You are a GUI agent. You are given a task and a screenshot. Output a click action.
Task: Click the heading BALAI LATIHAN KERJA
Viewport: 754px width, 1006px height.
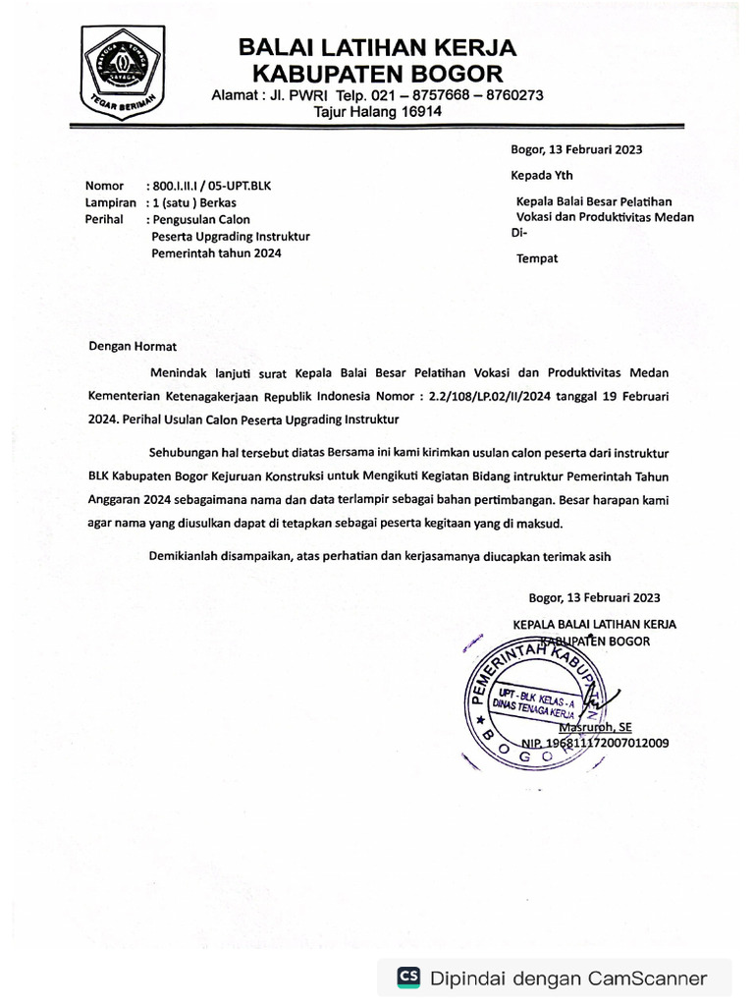pyautogui.click(x=378, y=48)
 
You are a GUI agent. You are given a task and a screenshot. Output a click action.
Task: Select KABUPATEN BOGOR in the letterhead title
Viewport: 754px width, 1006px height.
pyautogui.click(x=378, y=73)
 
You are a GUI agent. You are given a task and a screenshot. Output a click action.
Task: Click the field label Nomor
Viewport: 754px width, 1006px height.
pyautogui.click(x=104, y=186)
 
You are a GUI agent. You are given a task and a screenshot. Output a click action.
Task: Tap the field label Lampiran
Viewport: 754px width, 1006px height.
pyautogui.click(x=109, y=202)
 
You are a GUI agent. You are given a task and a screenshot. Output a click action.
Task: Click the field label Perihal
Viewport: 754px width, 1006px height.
pyautogui.click(x=104, y=219)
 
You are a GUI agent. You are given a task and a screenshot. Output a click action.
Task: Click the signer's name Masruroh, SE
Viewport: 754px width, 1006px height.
pyautogui.click(x=595, y=728)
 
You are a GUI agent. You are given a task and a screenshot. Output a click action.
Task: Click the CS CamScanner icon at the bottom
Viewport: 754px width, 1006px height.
pyautogui.click(x=408, y=978)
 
